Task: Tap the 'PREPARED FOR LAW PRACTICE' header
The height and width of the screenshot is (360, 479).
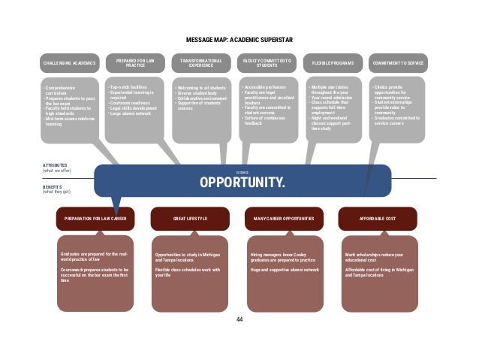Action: (133, 63)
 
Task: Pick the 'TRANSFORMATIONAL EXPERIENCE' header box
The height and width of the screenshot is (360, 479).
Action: (196, 63)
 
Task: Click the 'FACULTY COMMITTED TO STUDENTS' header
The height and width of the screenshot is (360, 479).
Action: (267, 63)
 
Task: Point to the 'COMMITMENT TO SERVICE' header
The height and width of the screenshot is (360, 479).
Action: (397, 63)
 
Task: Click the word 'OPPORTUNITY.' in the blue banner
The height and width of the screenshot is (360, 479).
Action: (242, 183)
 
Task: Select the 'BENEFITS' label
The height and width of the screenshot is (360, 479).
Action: (53, 186)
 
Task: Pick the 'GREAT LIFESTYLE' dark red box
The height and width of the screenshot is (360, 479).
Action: (190, 218)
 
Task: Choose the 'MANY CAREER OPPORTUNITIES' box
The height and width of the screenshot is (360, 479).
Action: (285, 218)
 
